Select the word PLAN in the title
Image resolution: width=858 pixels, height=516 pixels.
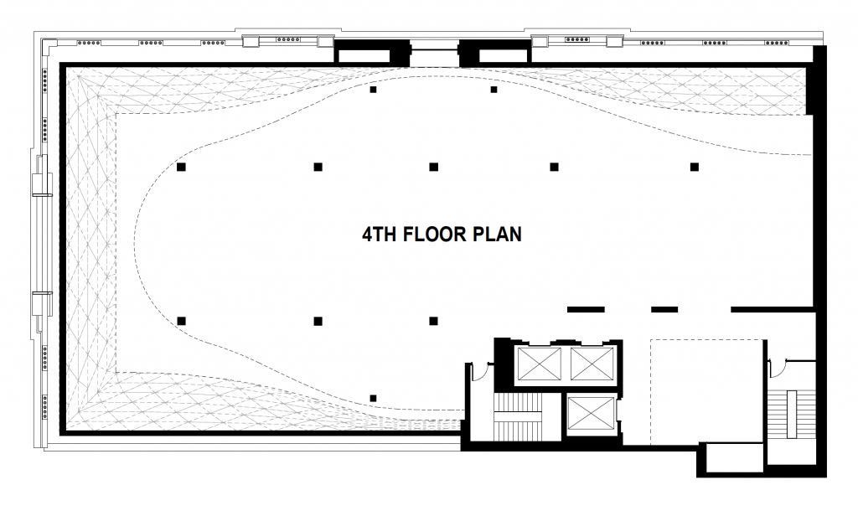pos(498,235)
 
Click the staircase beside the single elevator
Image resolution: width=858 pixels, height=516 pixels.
pos(518,417)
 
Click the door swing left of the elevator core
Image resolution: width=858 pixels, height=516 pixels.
pos(479,371)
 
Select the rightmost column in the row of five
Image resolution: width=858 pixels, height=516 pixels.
pos(695,167)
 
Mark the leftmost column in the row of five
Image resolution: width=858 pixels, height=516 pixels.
pos(181,167)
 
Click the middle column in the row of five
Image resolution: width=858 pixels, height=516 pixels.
pos(434,167)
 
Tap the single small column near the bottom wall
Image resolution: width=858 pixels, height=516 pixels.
pos(374,398)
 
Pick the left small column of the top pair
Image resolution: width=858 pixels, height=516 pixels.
pos(374,90)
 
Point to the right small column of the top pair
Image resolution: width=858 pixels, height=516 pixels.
pos(494,90)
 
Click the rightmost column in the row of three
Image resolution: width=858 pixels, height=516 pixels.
pos(434,321)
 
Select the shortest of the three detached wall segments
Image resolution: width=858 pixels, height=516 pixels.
pos(664,310)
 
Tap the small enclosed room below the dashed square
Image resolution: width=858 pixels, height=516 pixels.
pos(733,459)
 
